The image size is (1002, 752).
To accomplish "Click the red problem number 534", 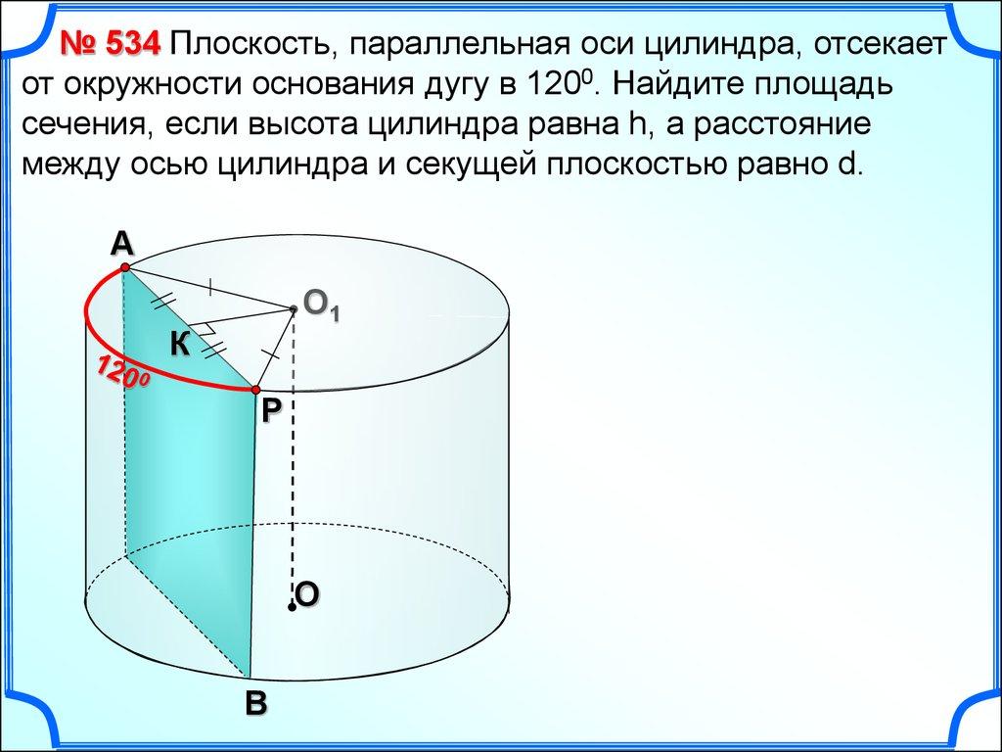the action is [110, 44].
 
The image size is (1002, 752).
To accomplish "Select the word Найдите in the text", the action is [678, 84].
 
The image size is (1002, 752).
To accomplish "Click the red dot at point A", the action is [125, 267].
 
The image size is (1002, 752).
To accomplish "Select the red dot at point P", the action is [256, 390].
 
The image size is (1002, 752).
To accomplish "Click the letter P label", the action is [271, 410].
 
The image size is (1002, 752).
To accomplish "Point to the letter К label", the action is [180, 345].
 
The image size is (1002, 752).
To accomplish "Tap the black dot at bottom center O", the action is [292, 606].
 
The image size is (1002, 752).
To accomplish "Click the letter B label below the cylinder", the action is [255, 703].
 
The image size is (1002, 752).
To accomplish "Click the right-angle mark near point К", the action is [204, 327].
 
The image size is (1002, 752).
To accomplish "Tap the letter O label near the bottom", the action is [307, 594].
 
